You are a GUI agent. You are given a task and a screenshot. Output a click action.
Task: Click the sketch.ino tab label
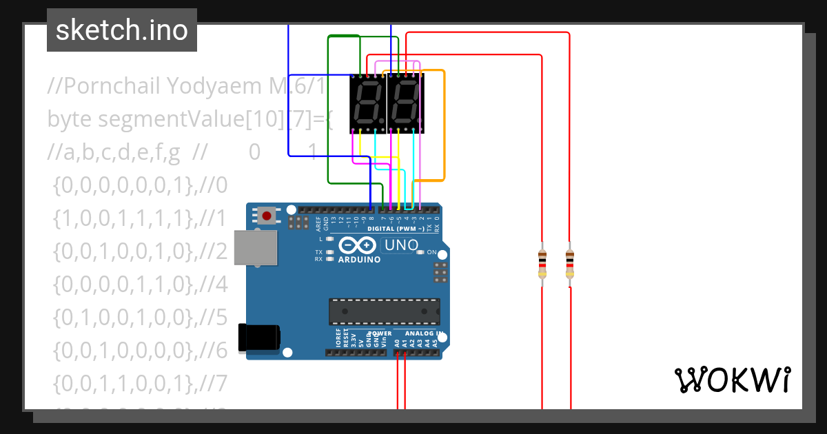tap(121, 30)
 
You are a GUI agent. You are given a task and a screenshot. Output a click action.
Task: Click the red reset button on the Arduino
tap(267, 216)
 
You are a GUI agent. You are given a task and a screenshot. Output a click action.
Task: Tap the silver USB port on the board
tap(256, 247)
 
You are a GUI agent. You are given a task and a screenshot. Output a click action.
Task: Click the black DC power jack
tap(258, 337)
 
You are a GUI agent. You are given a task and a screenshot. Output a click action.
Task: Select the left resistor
tap(542, 265)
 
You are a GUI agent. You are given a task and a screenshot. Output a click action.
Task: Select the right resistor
tap(569, 265)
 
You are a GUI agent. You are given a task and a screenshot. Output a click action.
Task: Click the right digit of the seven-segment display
tap(405, 103)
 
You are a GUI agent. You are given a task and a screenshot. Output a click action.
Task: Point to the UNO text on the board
tap(401, 245)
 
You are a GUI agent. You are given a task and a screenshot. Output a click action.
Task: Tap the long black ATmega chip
tap(384, 311)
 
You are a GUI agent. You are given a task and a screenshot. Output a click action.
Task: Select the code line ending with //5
tap(138, 318)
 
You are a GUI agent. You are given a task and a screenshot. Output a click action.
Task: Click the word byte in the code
tap(70, 119)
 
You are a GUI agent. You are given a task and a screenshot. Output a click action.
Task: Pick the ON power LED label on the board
tap(431, 252)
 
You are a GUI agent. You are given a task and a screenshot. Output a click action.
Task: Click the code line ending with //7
tap(138, 383)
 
